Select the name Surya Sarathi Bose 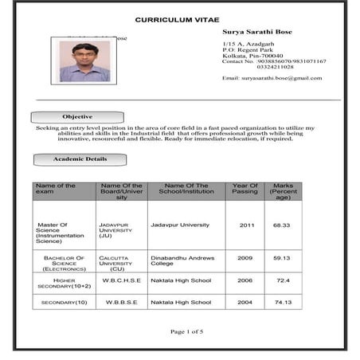257,32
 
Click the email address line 272,78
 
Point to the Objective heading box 77,117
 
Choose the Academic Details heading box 80,159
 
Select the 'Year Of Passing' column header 245,190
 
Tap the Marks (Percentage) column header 284,191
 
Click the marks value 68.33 282,225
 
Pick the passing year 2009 245,258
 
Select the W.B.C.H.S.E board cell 122,281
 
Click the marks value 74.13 283,303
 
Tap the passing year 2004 245,303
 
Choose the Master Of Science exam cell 59,233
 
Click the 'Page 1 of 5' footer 187,331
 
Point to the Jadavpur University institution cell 180,225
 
